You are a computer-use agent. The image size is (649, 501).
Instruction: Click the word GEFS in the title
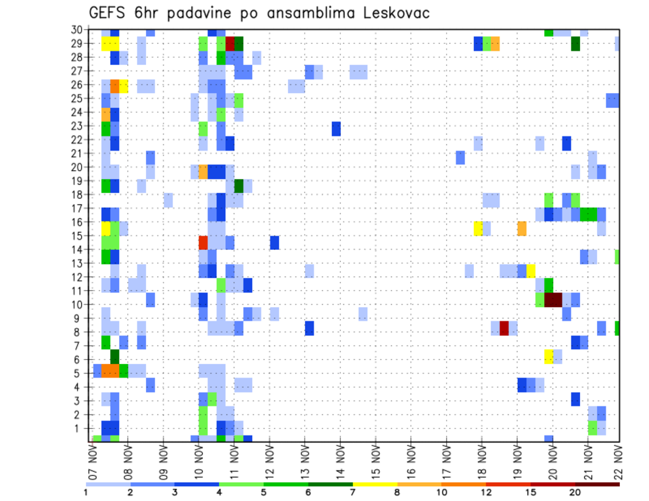(x=109, y=14)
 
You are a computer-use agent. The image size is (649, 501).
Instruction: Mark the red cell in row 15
(x=203, y=242)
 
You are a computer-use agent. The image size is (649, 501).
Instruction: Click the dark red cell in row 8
(x=504, y=328)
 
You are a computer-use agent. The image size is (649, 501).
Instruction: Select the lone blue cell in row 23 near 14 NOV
(x=336, y=128)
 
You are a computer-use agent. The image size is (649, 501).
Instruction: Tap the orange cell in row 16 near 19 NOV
(x=522, y=228)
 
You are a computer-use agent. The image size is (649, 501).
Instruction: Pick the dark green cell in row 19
(x=239, y=185)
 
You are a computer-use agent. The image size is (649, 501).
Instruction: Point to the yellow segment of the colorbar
(x=375, y=483)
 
